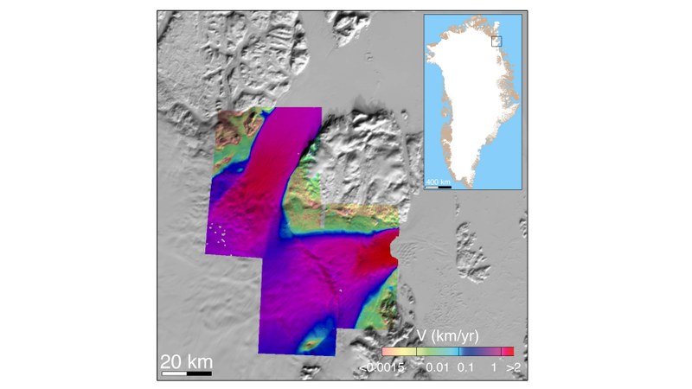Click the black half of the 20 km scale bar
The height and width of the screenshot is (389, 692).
pyautogui.click(x=199, y=373)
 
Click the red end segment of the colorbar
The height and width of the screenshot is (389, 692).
pyautogui.click(x=509, y=352)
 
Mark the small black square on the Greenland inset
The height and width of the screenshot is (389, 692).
pyautogui.click(x=497, y=40)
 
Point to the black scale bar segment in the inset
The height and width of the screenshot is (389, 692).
pyautogui.click(x=445, y=187)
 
